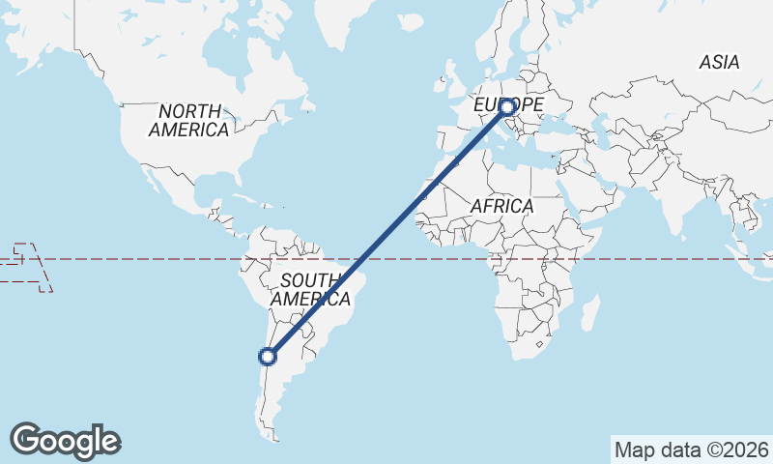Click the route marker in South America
(x=268, y=357)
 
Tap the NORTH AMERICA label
(x=190, y=121)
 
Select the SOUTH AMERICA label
(x=306, y=290)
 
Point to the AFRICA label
(x=501, y=206)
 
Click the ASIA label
(x=719, y=62)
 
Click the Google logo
(x=66, y=441)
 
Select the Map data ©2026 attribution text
(x=692, y=449)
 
